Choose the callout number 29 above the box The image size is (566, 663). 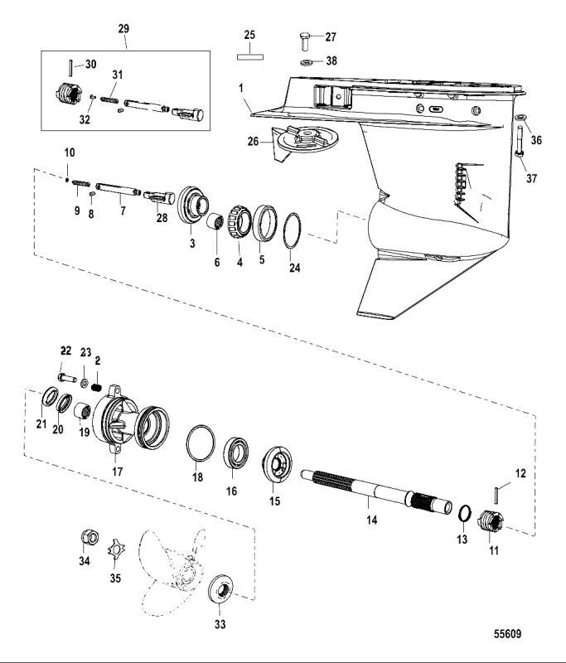click(123, 29)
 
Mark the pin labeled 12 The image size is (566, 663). click(496, 495)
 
